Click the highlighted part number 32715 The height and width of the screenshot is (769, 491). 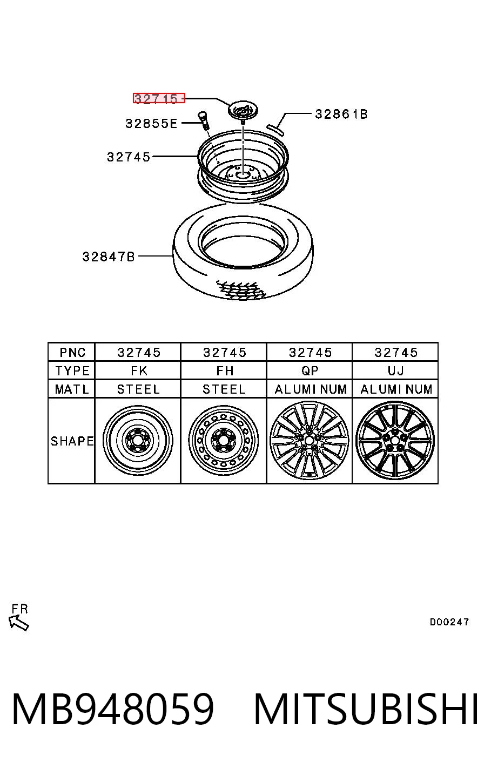point(159,98)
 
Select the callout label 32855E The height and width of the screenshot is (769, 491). point(151,124)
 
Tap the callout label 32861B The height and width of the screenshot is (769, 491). point(341,114)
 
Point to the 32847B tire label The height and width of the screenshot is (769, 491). point(109,257)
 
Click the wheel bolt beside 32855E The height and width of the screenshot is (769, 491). point(204,121)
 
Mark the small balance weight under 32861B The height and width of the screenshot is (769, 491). point(275,129)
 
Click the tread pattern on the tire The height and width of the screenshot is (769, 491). point(241,290)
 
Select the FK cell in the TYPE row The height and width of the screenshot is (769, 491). point(139,371)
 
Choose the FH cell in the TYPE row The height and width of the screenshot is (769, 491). point(225,371)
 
